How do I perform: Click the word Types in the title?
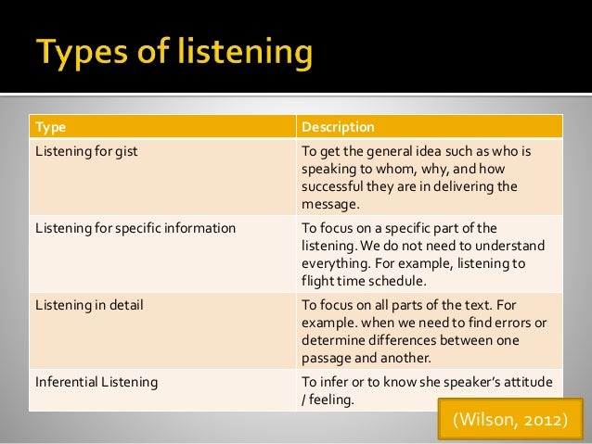point(79,53)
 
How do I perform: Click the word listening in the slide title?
point(237,55)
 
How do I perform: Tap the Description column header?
point(339,126)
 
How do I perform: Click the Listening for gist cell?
point(85,149)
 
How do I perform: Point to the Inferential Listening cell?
point(96,381)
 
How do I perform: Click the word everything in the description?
point(333,263)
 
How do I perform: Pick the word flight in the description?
point(317,280)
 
